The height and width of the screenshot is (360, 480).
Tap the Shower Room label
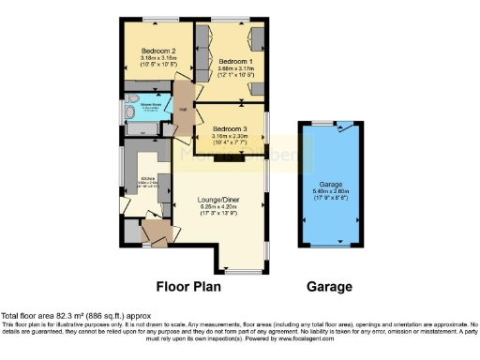[152, 105]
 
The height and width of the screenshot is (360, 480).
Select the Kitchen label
[146, 178]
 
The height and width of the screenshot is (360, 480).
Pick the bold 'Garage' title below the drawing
[329, 287]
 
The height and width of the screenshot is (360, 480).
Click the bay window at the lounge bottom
[242, 272]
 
